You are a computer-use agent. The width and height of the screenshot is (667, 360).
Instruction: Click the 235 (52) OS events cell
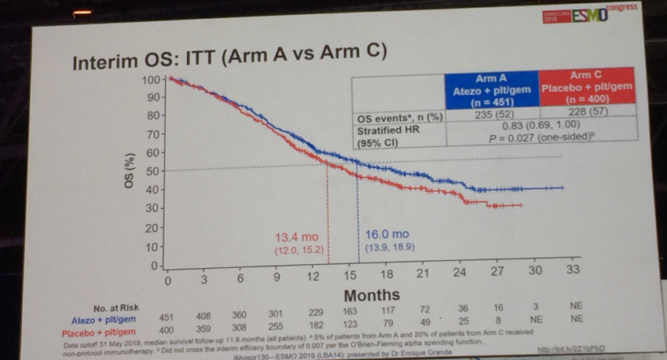490,115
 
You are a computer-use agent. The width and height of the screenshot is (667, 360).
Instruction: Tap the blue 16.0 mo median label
387,235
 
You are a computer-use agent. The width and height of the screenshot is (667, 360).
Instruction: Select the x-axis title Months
371,296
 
